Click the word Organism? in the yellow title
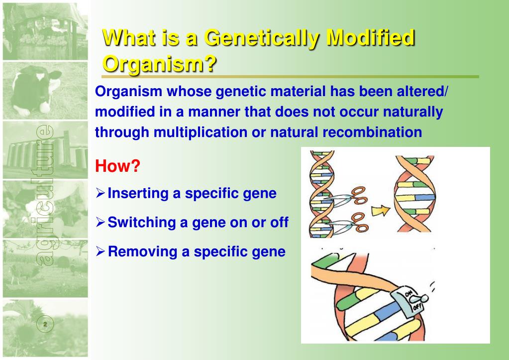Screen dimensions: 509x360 [x=159, y=64]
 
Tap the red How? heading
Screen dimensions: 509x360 [x=117, y=166]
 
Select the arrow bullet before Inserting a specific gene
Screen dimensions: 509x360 [x=101, y=193]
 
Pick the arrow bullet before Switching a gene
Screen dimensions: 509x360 [x=101, y=223]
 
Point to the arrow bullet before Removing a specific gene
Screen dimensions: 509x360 [x=101, y=252]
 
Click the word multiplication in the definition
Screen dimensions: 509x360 [x=201, y=133]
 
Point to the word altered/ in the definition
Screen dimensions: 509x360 [x=422, y=91]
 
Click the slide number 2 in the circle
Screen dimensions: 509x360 [x=45, y=324]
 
